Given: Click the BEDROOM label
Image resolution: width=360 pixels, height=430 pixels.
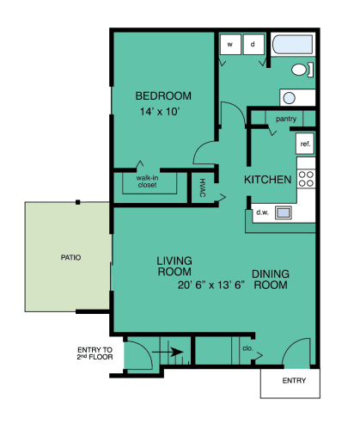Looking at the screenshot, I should pos(162,95).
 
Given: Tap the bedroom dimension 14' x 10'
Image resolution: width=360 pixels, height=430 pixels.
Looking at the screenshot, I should pos(162,112).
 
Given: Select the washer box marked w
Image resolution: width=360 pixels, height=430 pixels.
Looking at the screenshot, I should pos(230,44).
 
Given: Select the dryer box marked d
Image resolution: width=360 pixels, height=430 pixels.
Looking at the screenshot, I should pos(253,44).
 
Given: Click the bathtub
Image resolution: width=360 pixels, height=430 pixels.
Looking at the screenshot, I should pos(293,46).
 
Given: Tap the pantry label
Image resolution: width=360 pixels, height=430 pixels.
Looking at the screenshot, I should pos(286,119).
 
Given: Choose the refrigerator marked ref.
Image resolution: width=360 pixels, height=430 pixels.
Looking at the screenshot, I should pos(304,144).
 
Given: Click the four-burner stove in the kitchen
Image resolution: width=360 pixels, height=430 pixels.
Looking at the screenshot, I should pos(306,178).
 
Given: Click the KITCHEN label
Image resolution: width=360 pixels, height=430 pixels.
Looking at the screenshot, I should pos(267,180).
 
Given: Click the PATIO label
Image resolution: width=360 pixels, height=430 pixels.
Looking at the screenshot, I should pos(70,256).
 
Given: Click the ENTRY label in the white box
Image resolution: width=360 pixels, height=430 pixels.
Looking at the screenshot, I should pos(293,379).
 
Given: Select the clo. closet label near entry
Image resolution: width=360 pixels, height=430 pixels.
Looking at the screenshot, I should pos(247,350).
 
